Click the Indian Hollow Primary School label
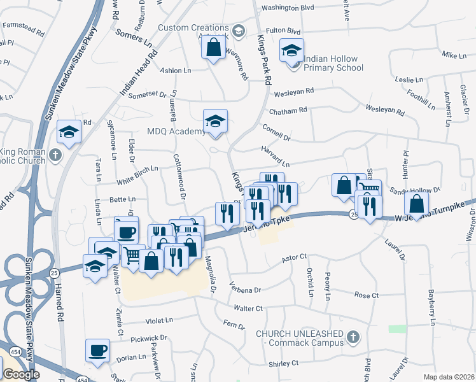(x=330, y=63)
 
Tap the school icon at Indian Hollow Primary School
(x=291, y=50)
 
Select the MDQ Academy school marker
(x=215, y=121)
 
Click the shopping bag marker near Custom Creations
(x=213, y=46)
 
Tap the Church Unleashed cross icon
(x=354, y=336)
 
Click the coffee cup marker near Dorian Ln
(x=98, y=350)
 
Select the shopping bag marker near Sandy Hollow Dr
(x=416, y=204)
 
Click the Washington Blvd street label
(x=288, y=8)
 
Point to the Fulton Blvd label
(x=283, y=31)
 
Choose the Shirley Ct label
(x=283, y=364)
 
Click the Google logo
(x=21, y=374)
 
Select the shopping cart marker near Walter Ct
(x=132, y=255)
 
